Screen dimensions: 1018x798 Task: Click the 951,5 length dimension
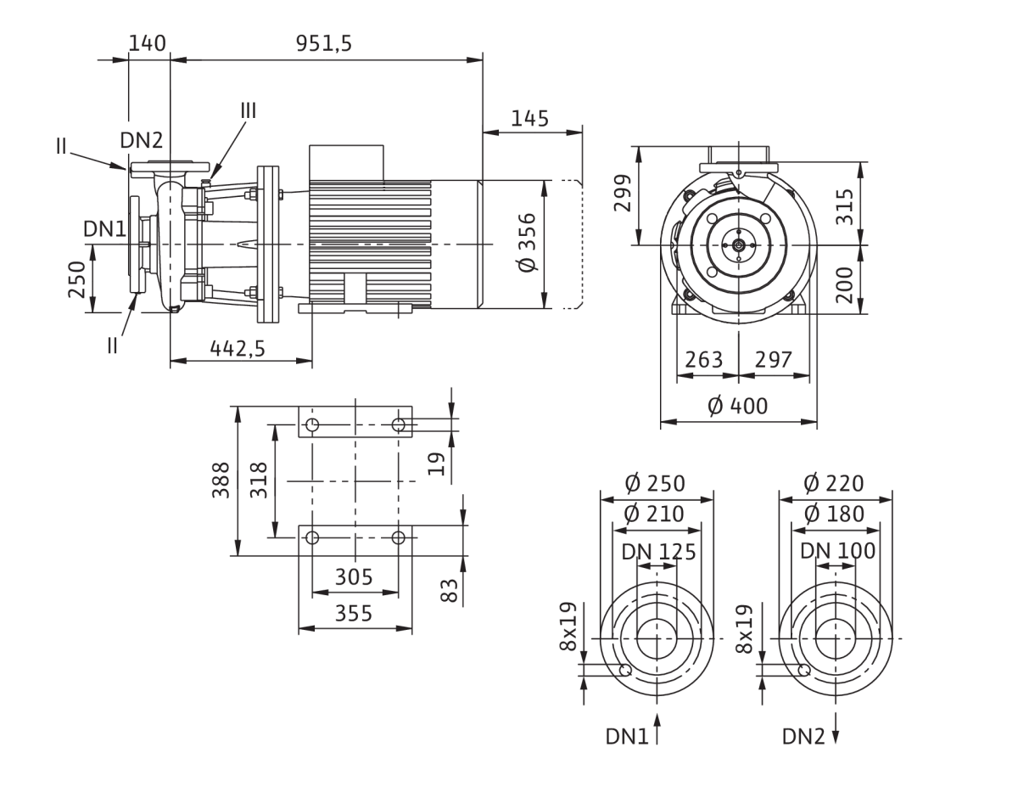pos(324,43)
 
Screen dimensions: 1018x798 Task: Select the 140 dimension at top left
pos(147,43)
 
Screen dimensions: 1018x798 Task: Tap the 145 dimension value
pos(529,119)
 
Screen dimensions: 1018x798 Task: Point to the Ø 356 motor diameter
pos(528,242)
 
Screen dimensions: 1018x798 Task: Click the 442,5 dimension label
pos(238,348)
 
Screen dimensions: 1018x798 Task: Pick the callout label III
pos(249,111)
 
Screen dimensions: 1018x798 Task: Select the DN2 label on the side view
pos(142,140)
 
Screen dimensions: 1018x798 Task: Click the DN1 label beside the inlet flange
pos(104,229)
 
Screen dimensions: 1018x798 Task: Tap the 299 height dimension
pos(623,193)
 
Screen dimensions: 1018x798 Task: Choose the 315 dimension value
pos(845,206)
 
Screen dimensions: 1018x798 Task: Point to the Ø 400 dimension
pos(738,406)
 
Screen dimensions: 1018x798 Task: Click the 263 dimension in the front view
pos(703,360)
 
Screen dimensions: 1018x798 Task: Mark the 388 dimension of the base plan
pos(221,480)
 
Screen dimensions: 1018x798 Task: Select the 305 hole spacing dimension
pos(354,576)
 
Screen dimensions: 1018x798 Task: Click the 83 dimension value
pos(449,590)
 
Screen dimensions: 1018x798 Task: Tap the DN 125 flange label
pos(658,552)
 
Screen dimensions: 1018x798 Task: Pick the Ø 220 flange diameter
pos(834,484)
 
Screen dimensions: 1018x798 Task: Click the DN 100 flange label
pos(837,551)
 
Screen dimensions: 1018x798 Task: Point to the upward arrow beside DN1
pos(657,728)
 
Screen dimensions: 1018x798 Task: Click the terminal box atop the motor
pos(346,163)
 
